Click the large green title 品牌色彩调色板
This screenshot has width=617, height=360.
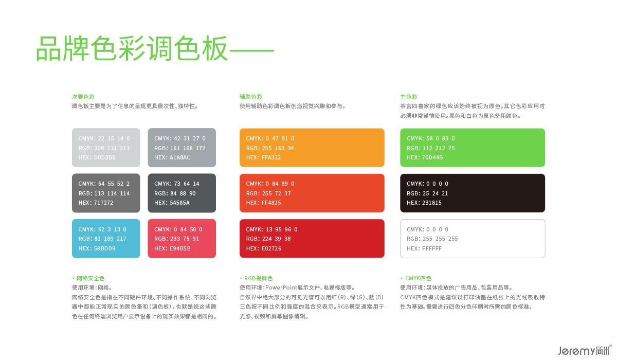pyautogui.click(x=132, y=48)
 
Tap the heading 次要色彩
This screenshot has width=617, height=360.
pyautogui.click(x=83, y=97)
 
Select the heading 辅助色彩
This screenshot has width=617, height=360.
pyautogui.click(x=251, y=97)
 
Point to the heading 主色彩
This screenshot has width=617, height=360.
pyautogui.click(x=409, y=97)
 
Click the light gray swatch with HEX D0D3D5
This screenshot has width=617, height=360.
pyautogui.click(x=106, y=148)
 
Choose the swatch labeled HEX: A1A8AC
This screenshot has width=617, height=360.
pyautogui.click(x=182, y=148)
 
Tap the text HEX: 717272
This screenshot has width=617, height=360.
pyautogui.click(x=96, y=203)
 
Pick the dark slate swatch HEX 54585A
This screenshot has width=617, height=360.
pyautogui.click(x=182, y=193)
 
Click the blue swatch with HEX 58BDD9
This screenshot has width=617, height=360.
pyautogui.click(x=106, y=239)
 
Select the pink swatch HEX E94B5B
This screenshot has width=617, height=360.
pyautogui.click(x=182, y=239)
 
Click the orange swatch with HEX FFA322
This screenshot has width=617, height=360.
pyautogui.click(x=312, y=148)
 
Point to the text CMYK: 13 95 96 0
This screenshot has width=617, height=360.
pyautogui.click(x=271, y=229)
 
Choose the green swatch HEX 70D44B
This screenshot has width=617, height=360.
pyautogui.click(x=473, y=148)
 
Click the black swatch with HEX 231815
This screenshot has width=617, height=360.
pyautogui.click(x=473, y=193)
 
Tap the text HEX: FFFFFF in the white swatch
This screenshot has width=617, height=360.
pyautogui.click(x=424, y=248)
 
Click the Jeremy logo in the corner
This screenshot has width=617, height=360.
pyautogui.click(x=585, y=350)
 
